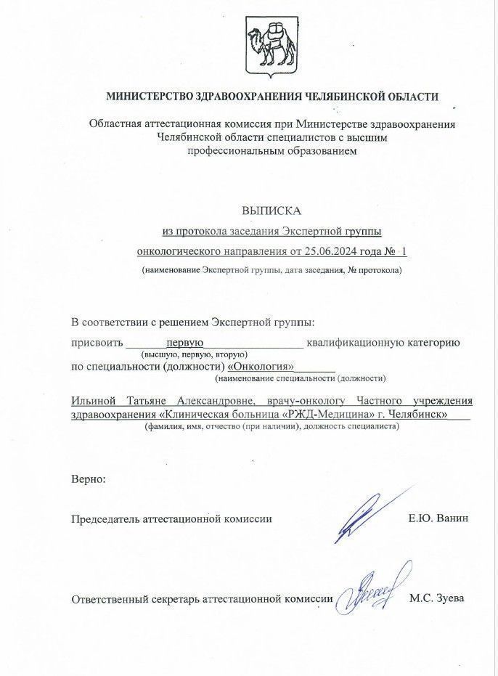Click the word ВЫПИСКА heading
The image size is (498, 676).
point(272,211)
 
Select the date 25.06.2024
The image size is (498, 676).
point(333,251)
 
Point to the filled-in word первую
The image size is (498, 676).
point(184,342)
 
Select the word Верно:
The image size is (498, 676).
point(89,479)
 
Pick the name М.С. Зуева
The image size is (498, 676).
point(436,599)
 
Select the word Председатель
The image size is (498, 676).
point(106,518)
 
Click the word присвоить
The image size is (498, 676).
point(97,342)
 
